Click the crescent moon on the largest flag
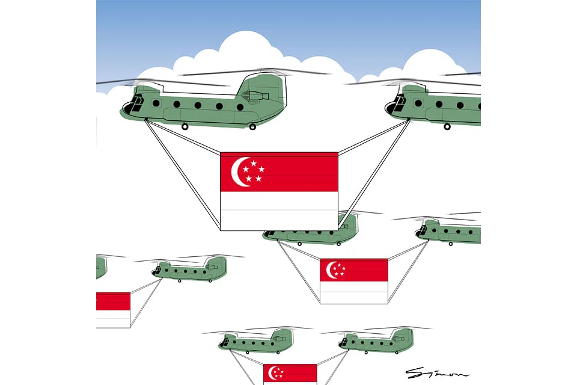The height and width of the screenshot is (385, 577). [x=239, y=172]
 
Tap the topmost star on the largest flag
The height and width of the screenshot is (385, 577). [x=254, y=162]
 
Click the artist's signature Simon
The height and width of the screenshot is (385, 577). [x=437, y=374]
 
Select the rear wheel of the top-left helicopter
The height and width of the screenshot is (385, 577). [x=252, y=126]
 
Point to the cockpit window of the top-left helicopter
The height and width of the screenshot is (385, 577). [x=133, y=103]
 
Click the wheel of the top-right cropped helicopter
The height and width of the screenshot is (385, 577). [x=447, y=126]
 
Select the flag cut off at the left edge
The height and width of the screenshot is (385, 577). [x=112, y=309]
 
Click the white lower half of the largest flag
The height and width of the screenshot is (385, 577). [x=279, y=211]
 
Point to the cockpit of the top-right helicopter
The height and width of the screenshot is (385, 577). [x=397, y=103]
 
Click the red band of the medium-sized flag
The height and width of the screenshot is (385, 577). [x=354, y=270]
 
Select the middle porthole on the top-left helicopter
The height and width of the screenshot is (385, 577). [x=198, y=105]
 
